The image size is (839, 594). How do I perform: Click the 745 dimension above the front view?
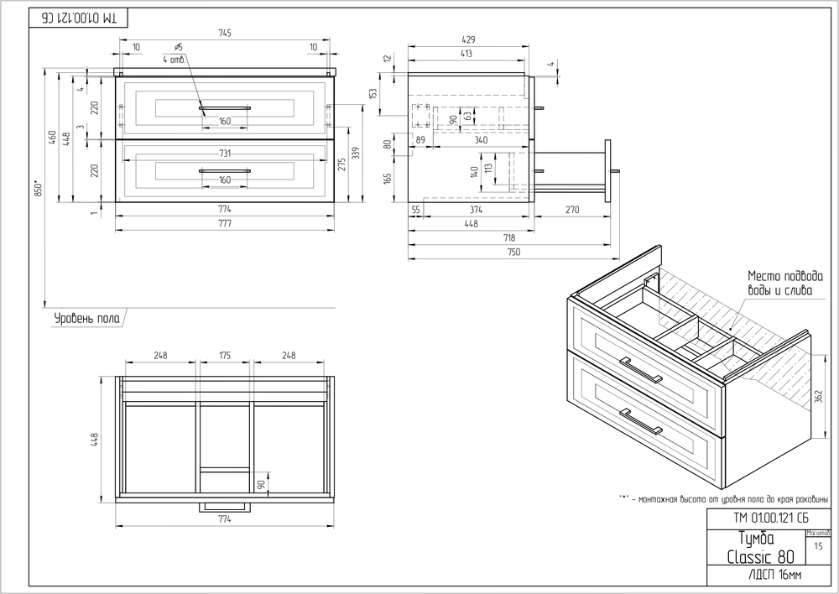pos(225,33)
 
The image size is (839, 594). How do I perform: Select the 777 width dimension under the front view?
pos(225,223)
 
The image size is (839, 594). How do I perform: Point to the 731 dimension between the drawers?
pos(225,153)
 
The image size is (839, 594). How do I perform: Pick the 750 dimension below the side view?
pos(512,252)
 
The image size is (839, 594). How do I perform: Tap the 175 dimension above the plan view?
pos(225,356)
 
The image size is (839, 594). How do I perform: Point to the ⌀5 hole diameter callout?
pos(179,47)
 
